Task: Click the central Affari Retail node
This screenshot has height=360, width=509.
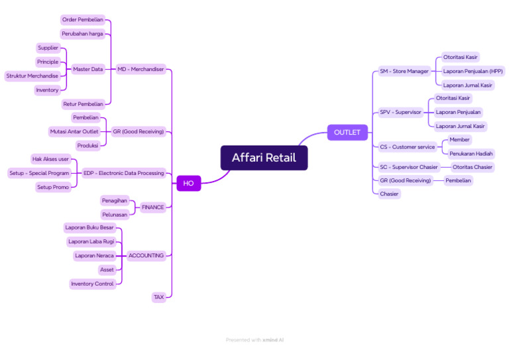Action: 264,158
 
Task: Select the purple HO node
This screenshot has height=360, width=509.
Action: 188,183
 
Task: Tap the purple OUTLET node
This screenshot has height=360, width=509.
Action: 347,133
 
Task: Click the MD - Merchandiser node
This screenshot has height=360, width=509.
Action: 141,69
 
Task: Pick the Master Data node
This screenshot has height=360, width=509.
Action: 87,69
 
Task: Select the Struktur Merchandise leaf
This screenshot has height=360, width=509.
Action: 32,76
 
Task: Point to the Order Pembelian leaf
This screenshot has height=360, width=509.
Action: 83,20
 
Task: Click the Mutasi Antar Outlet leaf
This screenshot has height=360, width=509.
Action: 74,131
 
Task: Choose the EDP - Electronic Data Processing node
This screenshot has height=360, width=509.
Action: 123,173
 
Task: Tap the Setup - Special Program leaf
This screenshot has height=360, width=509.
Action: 39,173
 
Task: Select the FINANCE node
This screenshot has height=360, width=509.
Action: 152,208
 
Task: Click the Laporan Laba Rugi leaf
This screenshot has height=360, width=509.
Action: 91,241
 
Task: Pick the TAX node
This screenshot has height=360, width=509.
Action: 158,297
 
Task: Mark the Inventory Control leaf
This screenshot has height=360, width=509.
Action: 92,284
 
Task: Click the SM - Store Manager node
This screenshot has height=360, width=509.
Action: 404,71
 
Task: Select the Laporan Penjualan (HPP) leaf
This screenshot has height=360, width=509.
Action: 473,71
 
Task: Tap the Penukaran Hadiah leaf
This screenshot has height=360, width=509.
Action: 471,153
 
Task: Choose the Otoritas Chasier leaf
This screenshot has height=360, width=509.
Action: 473,167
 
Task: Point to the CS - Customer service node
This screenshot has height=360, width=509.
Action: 407,147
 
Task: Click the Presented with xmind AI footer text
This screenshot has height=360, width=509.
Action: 254,340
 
